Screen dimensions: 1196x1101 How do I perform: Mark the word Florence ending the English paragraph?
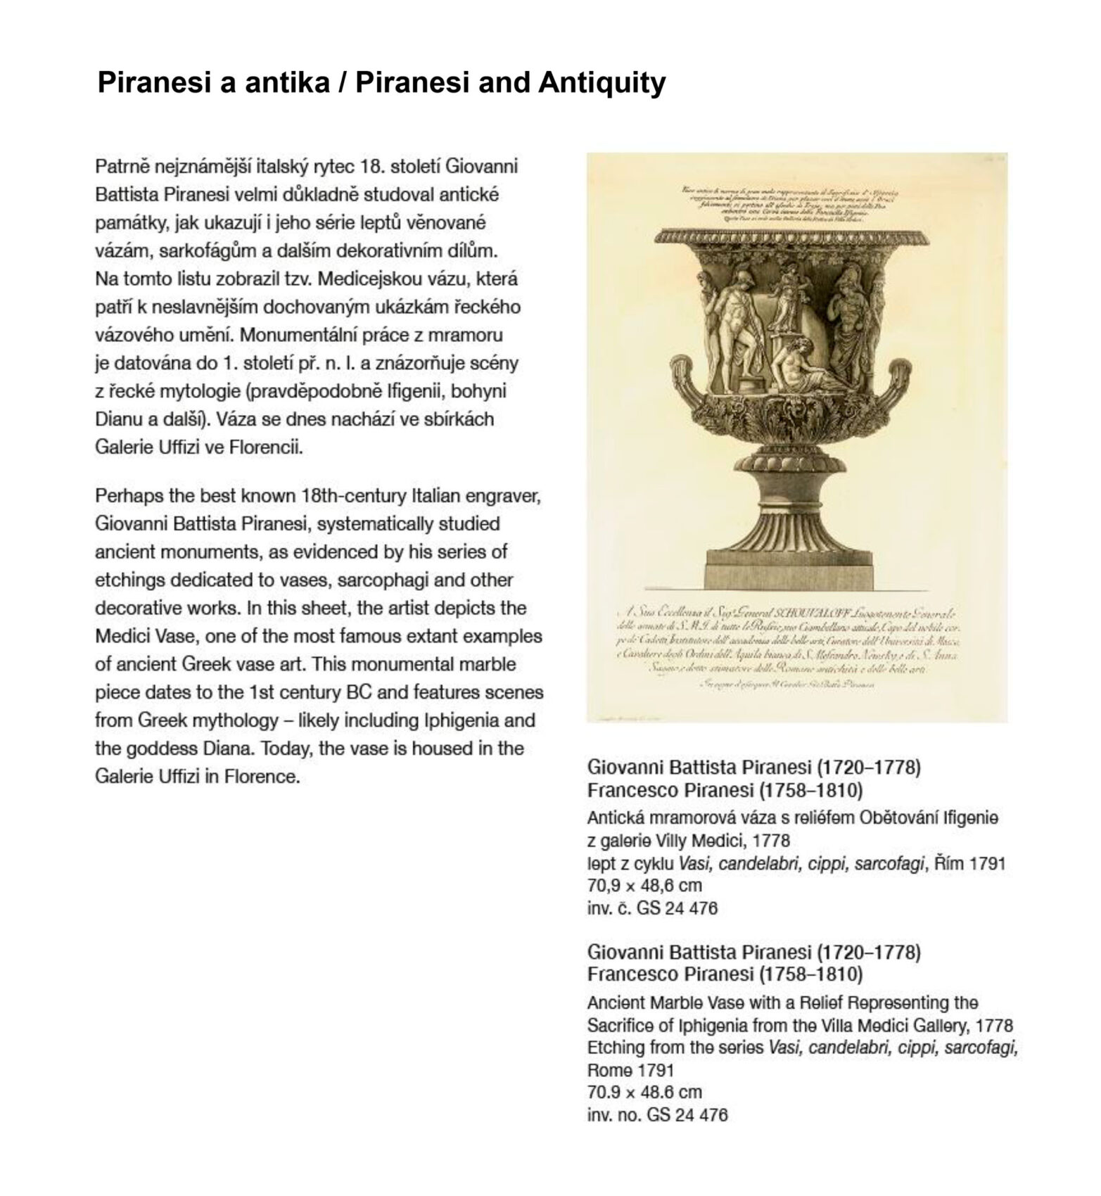tap(260, 777)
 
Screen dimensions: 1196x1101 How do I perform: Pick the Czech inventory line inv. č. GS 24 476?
tap(652, 908)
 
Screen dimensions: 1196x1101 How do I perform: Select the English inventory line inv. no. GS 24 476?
tap(657, 1114)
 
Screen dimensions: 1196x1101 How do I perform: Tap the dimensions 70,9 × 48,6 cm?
tap(644, 885)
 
